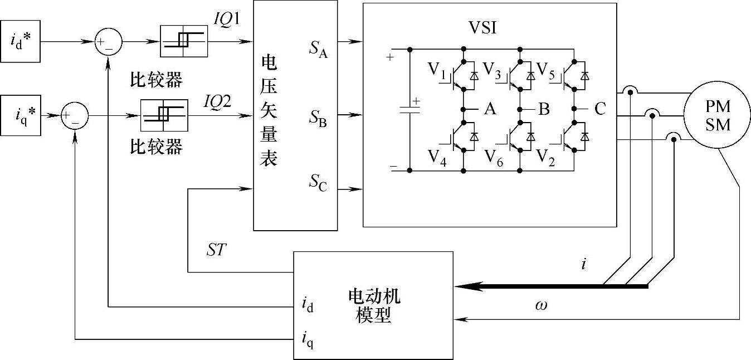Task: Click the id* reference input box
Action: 20,42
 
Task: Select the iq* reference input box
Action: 20,115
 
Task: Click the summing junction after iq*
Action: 75,116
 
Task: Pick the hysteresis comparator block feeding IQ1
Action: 184,41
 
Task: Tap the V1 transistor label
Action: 438,70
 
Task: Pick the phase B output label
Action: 544,109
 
